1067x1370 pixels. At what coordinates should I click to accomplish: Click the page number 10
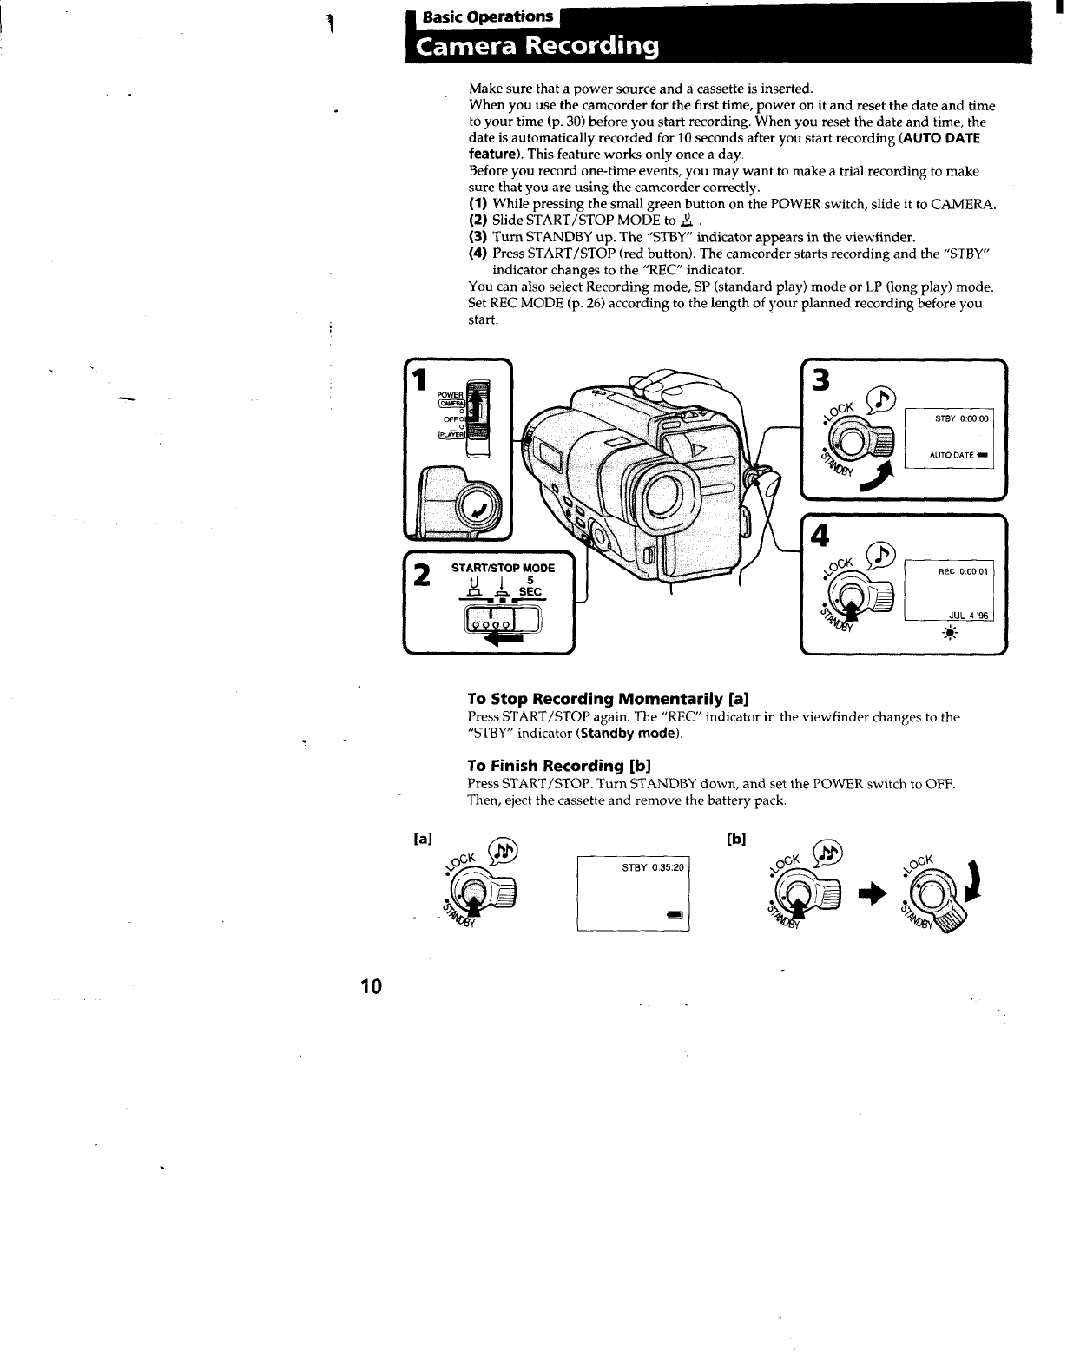[371, 986]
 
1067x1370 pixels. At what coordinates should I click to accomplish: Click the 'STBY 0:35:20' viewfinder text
[653, 867]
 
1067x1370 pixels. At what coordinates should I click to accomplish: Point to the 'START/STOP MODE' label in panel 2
[503, 568]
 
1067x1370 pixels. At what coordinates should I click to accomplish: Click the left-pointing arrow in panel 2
[509, 639]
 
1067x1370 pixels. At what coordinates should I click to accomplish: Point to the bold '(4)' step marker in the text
[478, 254]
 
